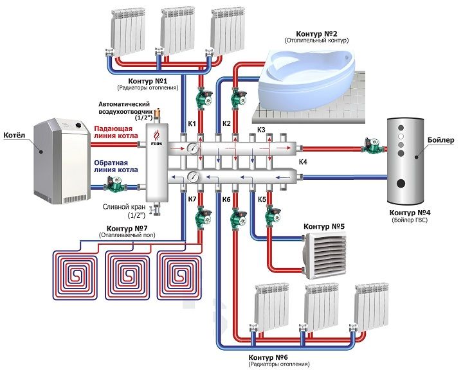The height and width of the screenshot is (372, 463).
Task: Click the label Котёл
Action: point(14,135)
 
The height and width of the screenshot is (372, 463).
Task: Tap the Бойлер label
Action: point(440,140)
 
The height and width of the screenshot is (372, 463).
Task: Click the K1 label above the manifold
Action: point(192,123)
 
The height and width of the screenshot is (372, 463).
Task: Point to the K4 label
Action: point(303,162)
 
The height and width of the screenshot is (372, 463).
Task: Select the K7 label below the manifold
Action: point(192,199)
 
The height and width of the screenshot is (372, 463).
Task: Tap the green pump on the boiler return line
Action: point(115,184)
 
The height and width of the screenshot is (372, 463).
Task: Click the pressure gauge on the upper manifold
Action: point(192,148)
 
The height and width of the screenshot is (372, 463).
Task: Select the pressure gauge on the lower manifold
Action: point(193,177)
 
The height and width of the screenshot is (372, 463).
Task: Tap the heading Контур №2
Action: point(316,33)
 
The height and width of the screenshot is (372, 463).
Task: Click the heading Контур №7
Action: point(127,228)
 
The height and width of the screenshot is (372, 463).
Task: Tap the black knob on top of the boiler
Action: point(78,125)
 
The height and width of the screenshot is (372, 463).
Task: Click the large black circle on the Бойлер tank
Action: point(401,183)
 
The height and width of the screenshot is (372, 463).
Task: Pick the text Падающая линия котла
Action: point(116,132)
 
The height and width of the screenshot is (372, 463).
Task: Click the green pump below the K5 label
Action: point(273,215)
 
